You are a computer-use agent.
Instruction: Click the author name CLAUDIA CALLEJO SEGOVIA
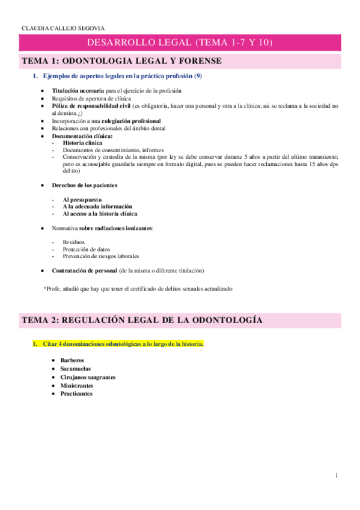pos(54,28)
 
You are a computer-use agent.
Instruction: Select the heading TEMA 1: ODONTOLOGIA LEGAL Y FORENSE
pos(121,61)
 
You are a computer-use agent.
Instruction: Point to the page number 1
pos(337,476)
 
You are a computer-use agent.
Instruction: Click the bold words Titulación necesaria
pos(74,91)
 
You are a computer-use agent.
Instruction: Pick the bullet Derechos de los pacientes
pos(84,185)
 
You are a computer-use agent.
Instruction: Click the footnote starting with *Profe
pos(138,289)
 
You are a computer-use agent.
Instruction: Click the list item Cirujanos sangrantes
pos(88,377)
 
